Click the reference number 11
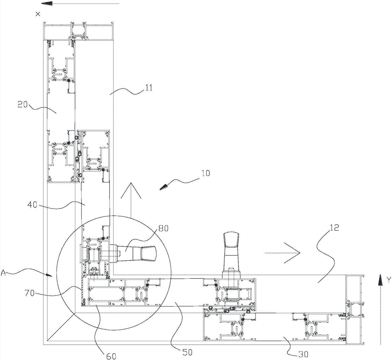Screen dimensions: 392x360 tap(149, 88)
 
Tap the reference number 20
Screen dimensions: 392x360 tap(22, 104)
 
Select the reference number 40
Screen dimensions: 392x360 tap(32, 205)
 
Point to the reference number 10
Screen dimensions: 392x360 tap(206, 173)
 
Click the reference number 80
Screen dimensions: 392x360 tap(163, 228)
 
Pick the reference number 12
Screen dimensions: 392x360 tap(335, 227)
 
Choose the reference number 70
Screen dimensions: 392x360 tap(29, 293)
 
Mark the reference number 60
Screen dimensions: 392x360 tap(111, 356)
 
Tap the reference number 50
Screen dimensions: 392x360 tap(187, 352)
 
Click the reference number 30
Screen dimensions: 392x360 tap(303, 354)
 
